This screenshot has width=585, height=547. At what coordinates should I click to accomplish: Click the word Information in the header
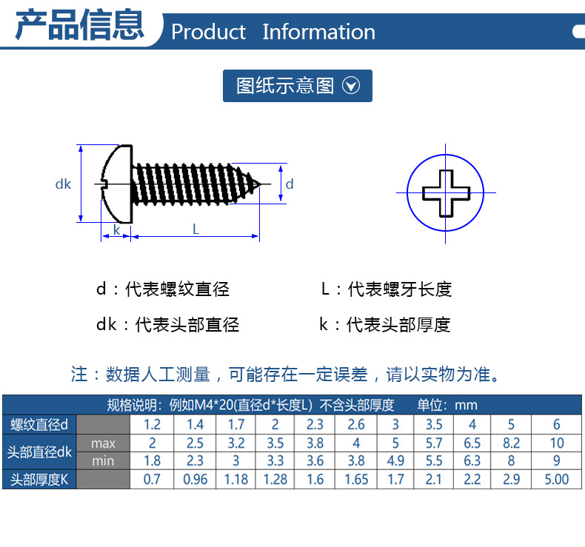pyautogui.click(x=318, y=32)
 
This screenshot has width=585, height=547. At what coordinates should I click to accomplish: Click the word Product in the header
pyautogui.click(x=208, y=32)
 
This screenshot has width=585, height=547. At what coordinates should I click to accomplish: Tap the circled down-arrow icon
pyautogui.click(x=351, y=86)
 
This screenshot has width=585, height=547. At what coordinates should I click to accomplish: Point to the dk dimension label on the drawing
pyautogui.click(x=63, y=184)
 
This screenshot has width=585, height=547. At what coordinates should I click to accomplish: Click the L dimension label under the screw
pyautogui.click(x=195, y=229)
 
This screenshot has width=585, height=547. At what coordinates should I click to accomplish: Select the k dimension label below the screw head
pyautogui.click(x=116, y=229)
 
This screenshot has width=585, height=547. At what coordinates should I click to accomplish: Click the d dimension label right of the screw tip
pyautogui.click(x=290, y=184)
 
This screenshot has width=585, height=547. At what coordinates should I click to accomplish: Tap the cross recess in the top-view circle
pyautogui.click(x=447, y=192)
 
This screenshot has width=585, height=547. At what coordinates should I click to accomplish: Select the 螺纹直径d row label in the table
pyautogui.click(x=39, y=425)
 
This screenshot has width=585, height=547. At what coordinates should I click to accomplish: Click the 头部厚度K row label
pyautogui.click(x=39, y=480)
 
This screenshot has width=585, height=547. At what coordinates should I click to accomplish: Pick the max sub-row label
pyautogui.click(x=103, y=443)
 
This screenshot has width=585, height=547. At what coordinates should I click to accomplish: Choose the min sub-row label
pyautogui.click(x=103, y=461)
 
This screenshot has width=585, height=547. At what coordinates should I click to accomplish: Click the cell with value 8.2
pyautogui.click(x=511, y=443)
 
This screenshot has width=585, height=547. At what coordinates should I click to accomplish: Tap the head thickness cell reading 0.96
pyautogui.click(x=195, y=480)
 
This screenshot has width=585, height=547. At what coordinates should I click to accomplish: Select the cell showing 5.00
pyautogui.click(x=556, y=480)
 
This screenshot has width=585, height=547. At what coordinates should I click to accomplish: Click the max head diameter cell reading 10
pyautogui.click(x=557, y=443)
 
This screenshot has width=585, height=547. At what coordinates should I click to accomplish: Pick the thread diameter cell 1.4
pyautogui.click(x=195, y=425)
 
